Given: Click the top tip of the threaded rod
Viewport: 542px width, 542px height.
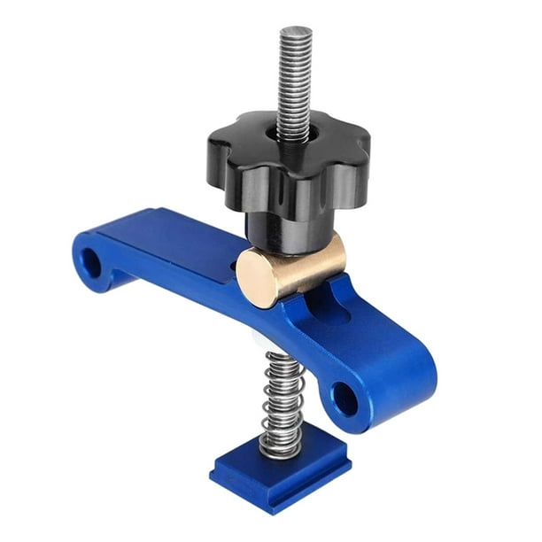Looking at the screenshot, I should pos(295,32).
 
